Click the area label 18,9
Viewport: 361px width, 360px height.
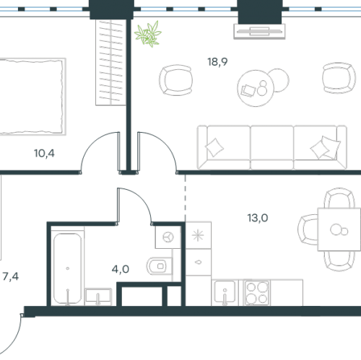217,62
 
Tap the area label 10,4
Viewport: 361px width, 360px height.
44,153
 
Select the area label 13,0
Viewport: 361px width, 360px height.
258,218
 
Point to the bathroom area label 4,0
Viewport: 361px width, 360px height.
121,269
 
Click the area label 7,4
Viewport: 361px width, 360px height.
11,276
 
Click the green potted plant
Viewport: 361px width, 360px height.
148,34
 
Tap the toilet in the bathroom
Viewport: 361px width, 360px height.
160,266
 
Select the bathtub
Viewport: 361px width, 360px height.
67,268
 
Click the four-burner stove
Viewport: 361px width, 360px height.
257,293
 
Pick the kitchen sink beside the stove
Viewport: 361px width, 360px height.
225,292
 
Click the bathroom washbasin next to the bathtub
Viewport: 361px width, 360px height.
98,297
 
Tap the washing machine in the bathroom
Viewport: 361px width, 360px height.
168,237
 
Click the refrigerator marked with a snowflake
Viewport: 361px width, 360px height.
199,235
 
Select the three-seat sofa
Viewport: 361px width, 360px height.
272,147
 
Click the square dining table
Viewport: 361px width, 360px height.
339,229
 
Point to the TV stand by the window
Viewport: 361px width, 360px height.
259,31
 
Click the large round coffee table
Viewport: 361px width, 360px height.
256,88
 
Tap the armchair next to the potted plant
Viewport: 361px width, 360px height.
176,80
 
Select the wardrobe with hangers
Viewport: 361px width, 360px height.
110,63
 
